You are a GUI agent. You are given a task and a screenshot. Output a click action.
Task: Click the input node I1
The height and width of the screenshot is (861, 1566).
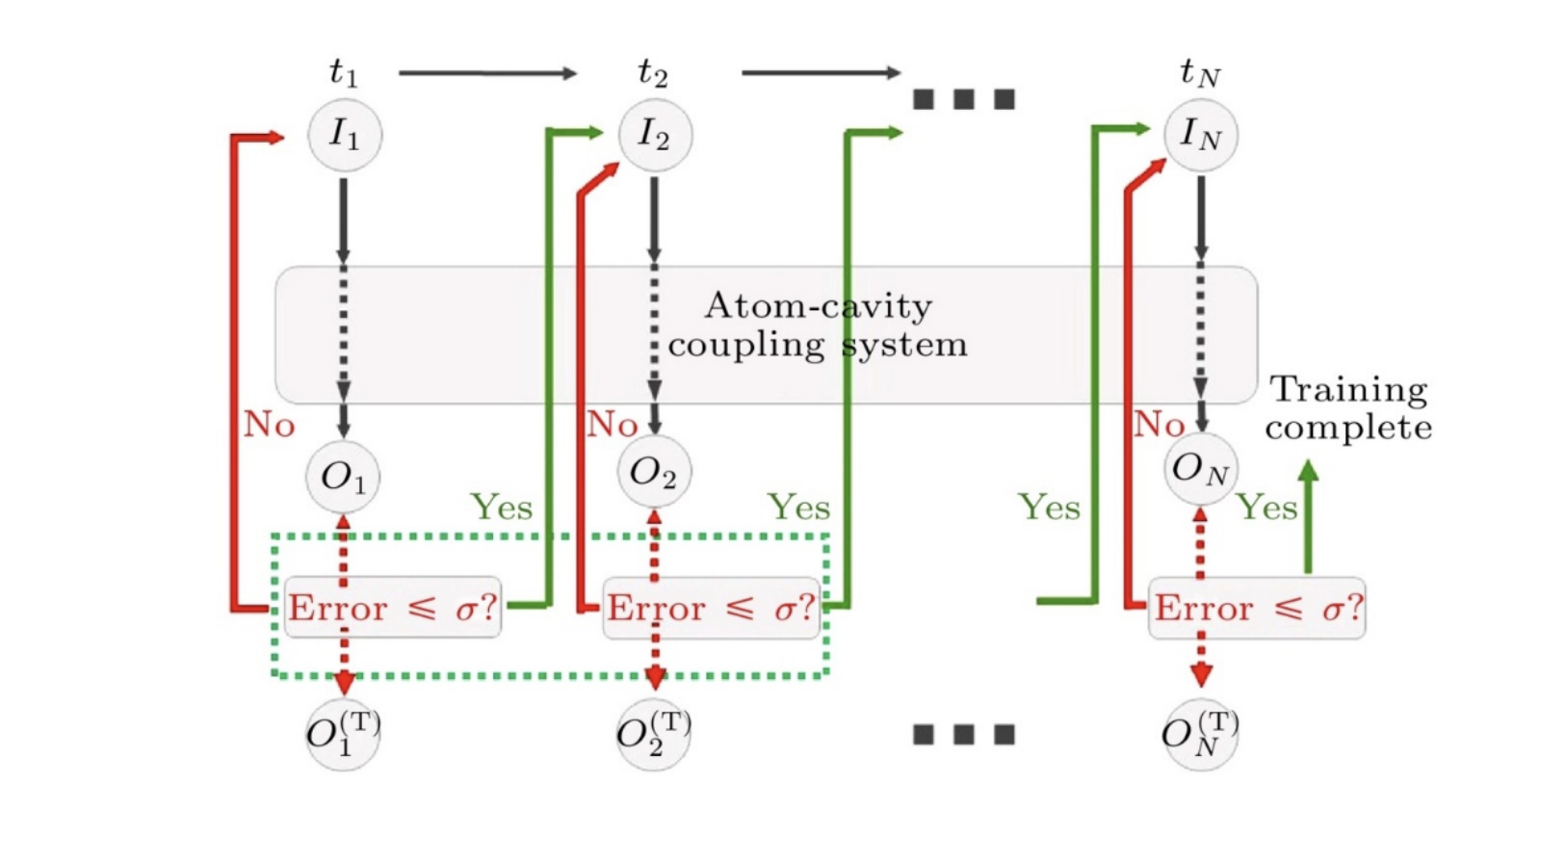pos(344,134)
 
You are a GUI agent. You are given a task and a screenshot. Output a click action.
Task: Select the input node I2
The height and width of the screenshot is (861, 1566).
pos(654,134)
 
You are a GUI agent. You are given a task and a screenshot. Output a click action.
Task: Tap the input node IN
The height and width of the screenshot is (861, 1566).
pos(1200,134)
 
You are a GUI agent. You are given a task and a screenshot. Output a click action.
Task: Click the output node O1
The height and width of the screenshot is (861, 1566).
pos(343,477)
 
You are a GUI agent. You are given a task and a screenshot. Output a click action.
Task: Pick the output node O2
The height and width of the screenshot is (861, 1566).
pos(653,472)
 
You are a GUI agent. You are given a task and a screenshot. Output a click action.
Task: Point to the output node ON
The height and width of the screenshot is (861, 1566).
pos(1200,469)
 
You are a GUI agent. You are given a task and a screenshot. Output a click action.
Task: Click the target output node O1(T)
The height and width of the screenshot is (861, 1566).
pos(343,734)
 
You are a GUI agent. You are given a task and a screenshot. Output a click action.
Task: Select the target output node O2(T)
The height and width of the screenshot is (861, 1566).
pos(653,734)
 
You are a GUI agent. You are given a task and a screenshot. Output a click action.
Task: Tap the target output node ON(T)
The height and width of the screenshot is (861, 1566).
pos(1200,734)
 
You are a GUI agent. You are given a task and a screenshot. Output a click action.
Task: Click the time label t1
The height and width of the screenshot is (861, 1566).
pos(343,72)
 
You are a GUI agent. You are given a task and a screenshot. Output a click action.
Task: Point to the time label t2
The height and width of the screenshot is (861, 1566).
pos(652,72)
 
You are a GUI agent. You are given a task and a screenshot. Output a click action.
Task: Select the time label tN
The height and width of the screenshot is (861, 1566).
pos(1199,72)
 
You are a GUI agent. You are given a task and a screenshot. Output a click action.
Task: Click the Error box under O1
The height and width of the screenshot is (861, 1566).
pos(393,608)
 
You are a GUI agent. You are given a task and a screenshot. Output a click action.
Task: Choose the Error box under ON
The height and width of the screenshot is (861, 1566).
pos(1257,608)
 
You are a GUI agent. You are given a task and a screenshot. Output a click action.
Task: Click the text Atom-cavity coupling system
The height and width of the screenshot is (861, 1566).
pos(817,326)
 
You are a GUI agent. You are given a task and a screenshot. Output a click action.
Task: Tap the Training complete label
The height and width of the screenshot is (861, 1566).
pos(1348,408)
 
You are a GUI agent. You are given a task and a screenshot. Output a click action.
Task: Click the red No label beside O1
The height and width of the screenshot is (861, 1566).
pos(269,424)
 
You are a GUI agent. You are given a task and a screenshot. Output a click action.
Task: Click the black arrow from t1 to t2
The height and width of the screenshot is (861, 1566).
pos(487,73)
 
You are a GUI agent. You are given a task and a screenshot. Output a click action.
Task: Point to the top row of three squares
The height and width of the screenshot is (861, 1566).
pos(963,98)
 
